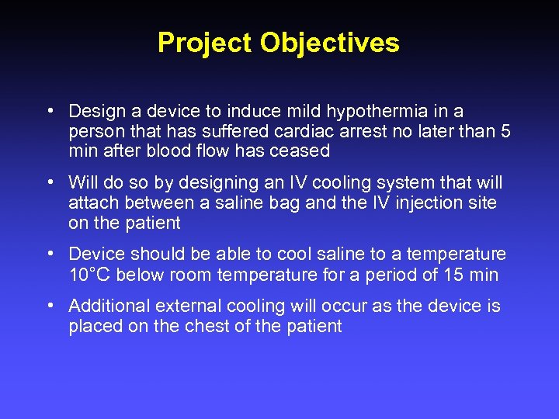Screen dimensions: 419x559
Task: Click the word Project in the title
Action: pyautogui.click(x=205, y=43)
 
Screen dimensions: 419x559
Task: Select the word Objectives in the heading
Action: pyautogui.click(x=330, y=43)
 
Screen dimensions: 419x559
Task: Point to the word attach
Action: pyautogui.click(x=92, y=203)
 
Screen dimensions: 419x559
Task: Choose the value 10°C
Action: pyautogui.click(x=90, y=274)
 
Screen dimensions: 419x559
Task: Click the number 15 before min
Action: pyautogui.click(x=453, y=274)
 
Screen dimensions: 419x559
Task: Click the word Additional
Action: pyautogui.click(x=105, y=306)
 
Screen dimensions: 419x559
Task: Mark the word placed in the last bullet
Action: pyautogui.click(x=93, y=326)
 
